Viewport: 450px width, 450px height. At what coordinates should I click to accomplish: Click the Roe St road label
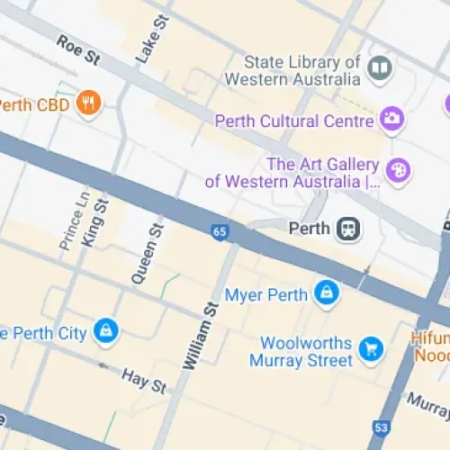pyautogui.click(x=78, y=51)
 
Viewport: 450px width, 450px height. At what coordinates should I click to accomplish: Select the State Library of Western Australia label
pyautogui.click(x=302, y=71)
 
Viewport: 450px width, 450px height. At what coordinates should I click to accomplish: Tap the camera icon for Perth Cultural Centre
pyautogui.click(x=392, y=118)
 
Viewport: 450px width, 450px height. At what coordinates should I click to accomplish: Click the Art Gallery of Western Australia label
pyautogui.click(x=292, y=172)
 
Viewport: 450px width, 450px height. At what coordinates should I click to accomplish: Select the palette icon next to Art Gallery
pyautogui.click(x=398, y=169)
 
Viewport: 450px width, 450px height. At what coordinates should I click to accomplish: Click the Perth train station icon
pyautogui.click(x=348, y=229)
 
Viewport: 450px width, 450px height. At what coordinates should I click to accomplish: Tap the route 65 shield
pyautogui.click(x=220, y=232)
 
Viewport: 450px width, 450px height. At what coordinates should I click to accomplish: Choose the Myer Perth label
pyautogui.click(x=265, y=294)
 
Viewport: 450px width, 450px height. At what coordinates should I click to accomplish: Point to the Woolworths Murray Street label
pyautogui.click(x=306, y=352)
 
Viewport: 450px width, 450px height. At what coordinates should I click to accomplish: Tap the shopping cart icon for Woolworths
pyautogui.click(x=369, y=347)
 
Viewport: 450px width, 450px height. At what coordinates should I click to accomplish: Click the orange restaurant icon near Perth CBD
pyautogui.click(x=87, y=103)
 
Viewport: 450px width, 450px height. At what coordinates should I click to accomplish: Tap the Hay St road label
pyautogui.click(x=144, y=381)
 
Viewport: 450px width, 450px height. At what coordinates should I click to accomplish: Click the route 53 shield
pyautogui.click(x=382, y=426)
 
